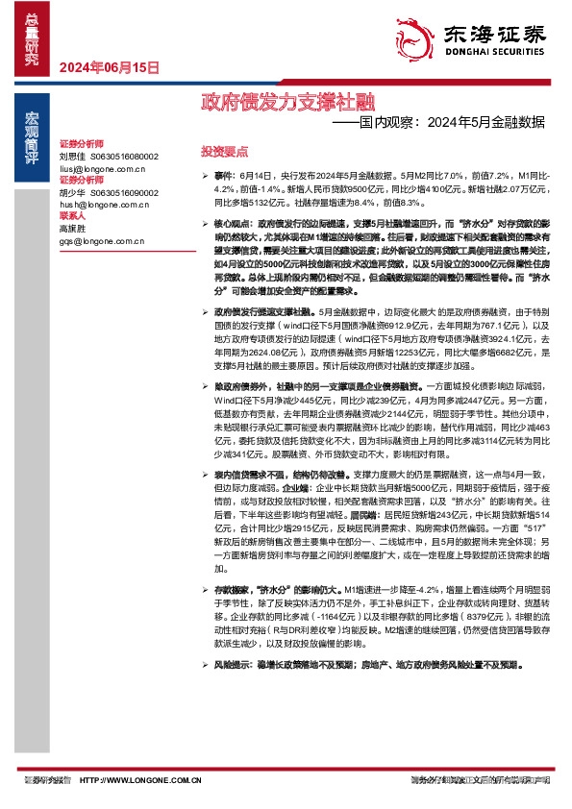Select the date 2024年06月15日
pos(108,67)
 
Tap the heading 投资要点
pos(224,152)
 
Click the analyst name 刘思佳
pos(72,156)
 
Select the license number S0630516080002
pos(124,156)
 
